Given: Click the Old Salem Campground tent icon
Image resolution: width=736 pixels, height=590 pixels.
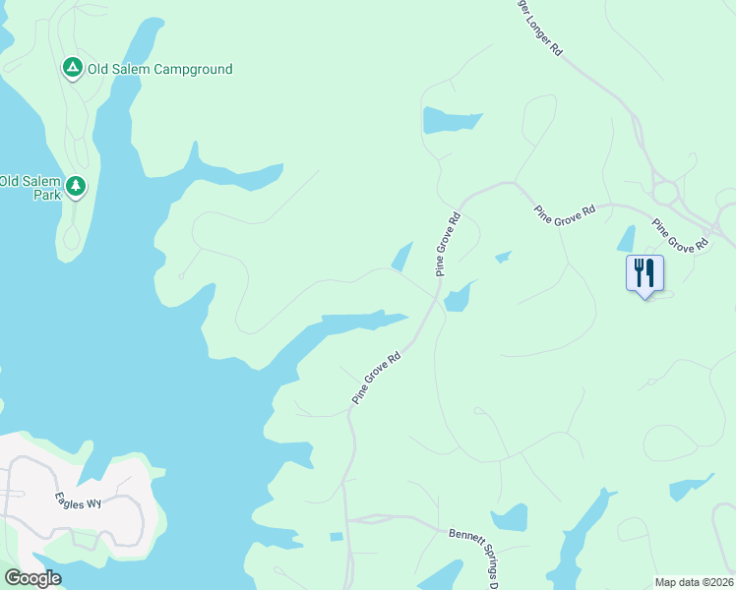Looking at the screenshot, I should [72, 68].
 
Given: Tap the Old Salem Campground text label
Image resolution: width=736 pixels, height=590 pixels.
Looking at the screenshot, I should [159, 69].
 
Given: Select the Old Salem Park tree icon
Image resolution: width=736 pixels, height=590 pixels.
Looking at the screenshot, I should [76, 185].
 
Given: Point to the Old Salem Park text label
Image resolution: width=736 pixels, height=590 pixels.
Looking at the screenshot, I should [30, 187].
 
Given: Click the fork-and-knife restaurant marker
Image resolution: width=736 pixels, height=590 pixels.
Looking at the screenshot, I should [644, 272].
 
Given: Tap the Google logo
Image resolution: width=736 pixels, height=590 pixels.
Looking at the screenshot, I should [32, 578].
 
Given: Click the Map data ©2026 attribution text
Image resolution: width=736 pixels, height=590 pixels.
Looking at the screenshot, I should [694, 581].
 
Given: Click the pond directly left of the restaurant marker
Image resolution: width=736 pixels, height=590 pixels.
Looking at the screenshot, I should [626, 239].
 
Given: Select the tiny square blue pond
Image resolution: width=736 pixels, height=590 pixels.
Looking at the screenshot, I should [337, 537].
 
